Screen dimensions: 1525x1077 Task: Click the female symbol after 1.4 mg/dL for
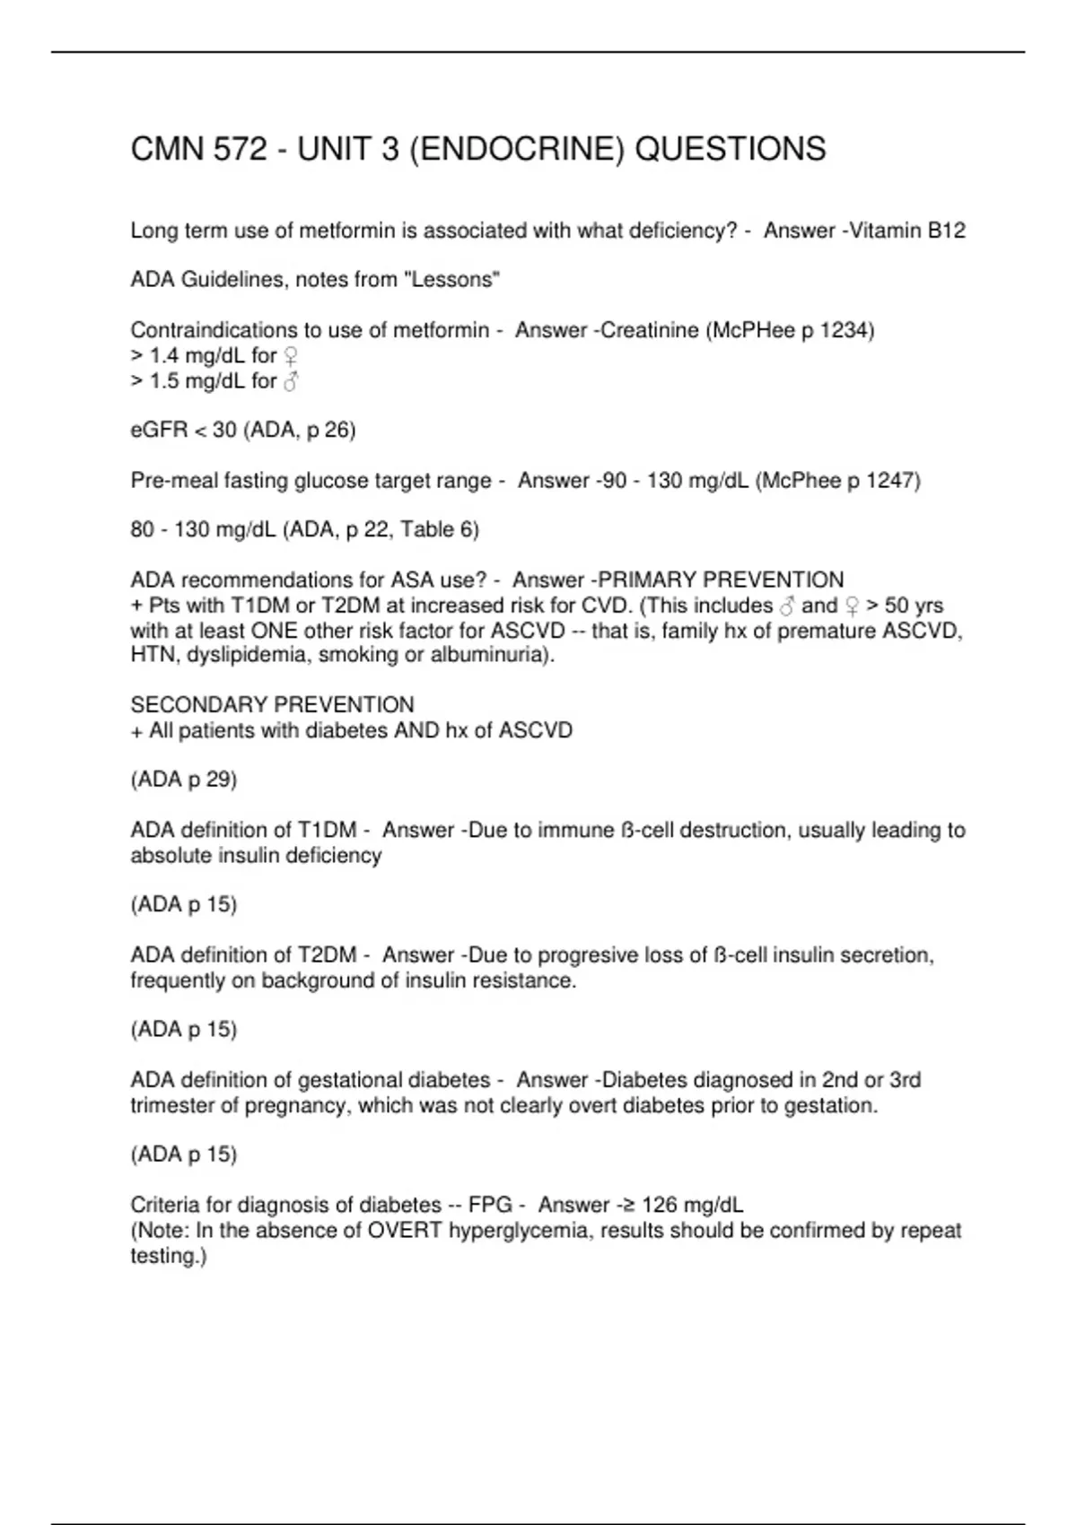click(290, 356)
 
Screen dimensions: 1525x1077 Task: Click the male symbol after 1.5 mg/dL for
click(290, 381)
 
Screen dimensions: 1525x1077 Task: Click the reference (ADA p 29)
click(184, 780)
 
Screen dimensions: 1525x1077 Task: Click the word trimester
click(171, 1105)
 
